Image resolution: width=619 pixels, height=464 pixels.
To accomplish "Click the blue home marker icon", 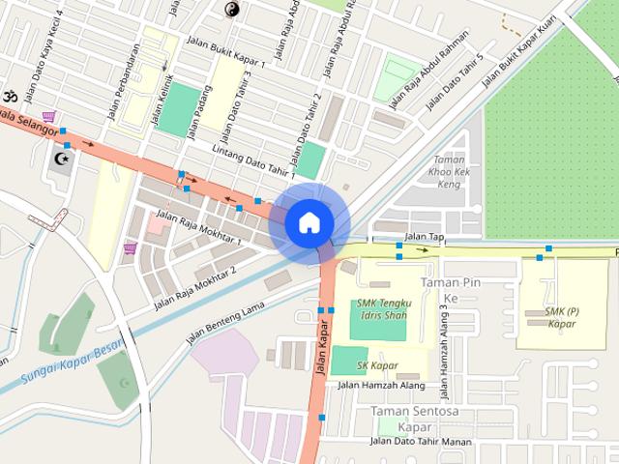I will [309, 222].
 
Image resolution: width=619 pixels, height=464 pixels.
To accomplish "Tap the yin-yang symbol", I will [232, 10].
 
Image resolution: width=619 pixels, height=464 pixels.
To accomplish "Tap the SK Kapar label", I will [377, 365].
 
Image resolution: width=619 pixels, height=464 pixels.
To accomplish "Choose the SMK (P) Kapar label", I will [560, 317].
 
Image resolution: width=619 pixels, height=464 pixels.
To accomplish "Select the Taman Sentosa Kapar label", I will [414, 419].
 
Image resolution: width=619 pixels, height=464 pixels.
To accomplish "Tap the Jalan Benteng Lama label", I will [224, 322].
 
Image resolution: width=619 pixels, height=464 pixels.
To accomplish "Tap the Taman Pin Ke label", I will [451, 290].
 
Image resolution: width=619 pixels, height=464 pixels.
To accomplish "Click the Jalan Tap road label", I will [425, 236].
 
